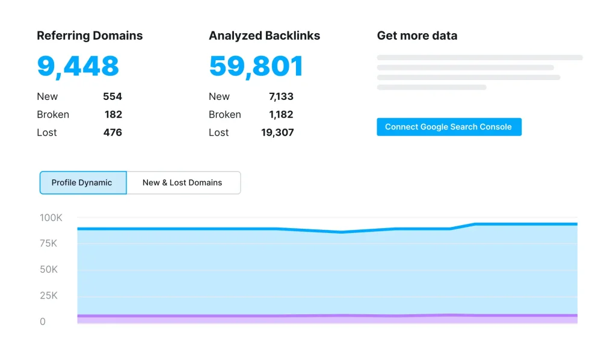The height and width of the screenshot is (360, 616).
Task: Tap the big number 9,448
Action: pyautogui.click(x=78, y=66)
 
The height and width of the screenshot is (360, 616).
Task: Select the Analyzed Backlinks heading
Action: pyautogui.click(x=264, y=36)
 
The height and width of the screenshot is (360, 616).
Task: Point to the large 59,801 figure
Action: pyautogui.click(x=256, y=66)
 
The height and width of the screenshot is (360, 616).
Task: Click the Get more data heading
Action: pyautogui.click(x=417, y=36)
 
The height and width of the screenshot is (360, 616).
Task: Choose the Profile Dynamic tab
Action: pyautogui.click(x=82, y=182)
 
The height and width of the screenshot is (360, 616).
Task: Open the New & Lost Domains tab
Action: pyautogui.click(x=182, y=182)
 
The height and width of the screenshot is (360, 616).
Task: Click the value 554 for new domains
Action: pyautogui.click(x=112, y=96)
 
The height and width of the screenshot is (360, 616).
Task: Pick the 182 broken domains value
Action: pyautogui.click(x=112, y=114)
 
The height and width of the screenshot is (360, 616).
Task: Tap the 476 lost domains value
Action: pyautogui.click(x=112, y=132)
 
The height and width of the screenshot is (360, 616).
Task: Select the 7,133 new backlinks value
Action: pyautogui.click(x=281, y=96)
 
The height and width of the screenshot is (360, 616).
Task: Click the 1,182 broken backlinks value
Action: pyautogui.click(x=281, y=114)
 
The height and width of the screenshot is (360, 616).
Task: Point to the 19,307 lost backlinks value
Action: pyautogui.click(x=277, y=132)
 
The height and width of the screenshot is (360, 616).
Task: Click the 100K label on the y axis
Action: pyautogui.click(x=51, y=217)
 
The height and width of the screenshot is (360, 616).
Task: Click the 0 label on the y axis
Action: pyautogui.click(x=43, y=321)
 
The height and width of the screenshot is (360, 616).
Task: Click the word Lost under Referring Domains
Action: pyautogui.click(x=47, y=132)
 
